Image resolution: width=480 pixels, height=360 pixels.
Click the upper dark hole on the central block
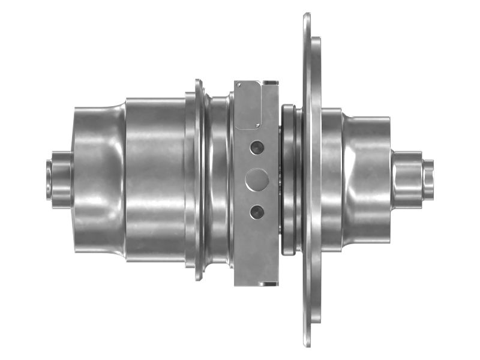pos(257,146)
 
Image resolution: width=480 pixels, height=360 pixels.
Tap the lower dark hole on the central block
pos(257,211)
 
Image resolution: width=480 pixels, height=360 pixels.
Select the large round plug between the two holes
pos(257,179)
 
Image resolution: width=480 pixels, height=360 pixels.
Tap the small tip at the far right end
pos(428,178)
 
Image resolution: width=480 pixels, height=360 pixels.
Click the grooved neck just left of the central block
pos(219,179)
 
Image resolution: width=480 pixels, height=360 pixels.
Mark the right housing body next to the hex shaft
pos(366,179)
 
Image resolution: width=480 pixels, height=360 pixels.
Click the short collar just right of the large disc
pos(332,179)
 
